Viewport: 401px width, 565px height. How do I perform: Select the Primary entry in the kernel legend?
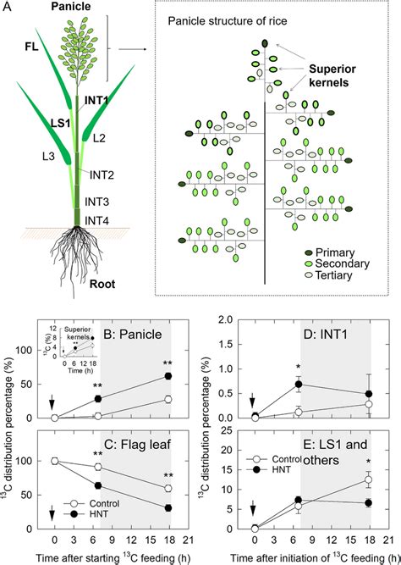[x=353, y=252]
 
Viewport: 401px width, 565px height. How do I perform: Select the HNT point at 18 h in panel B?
[x=168, y=375]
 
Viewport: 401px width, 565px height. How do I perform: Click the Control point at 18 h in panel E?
[x=367, y=480]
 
